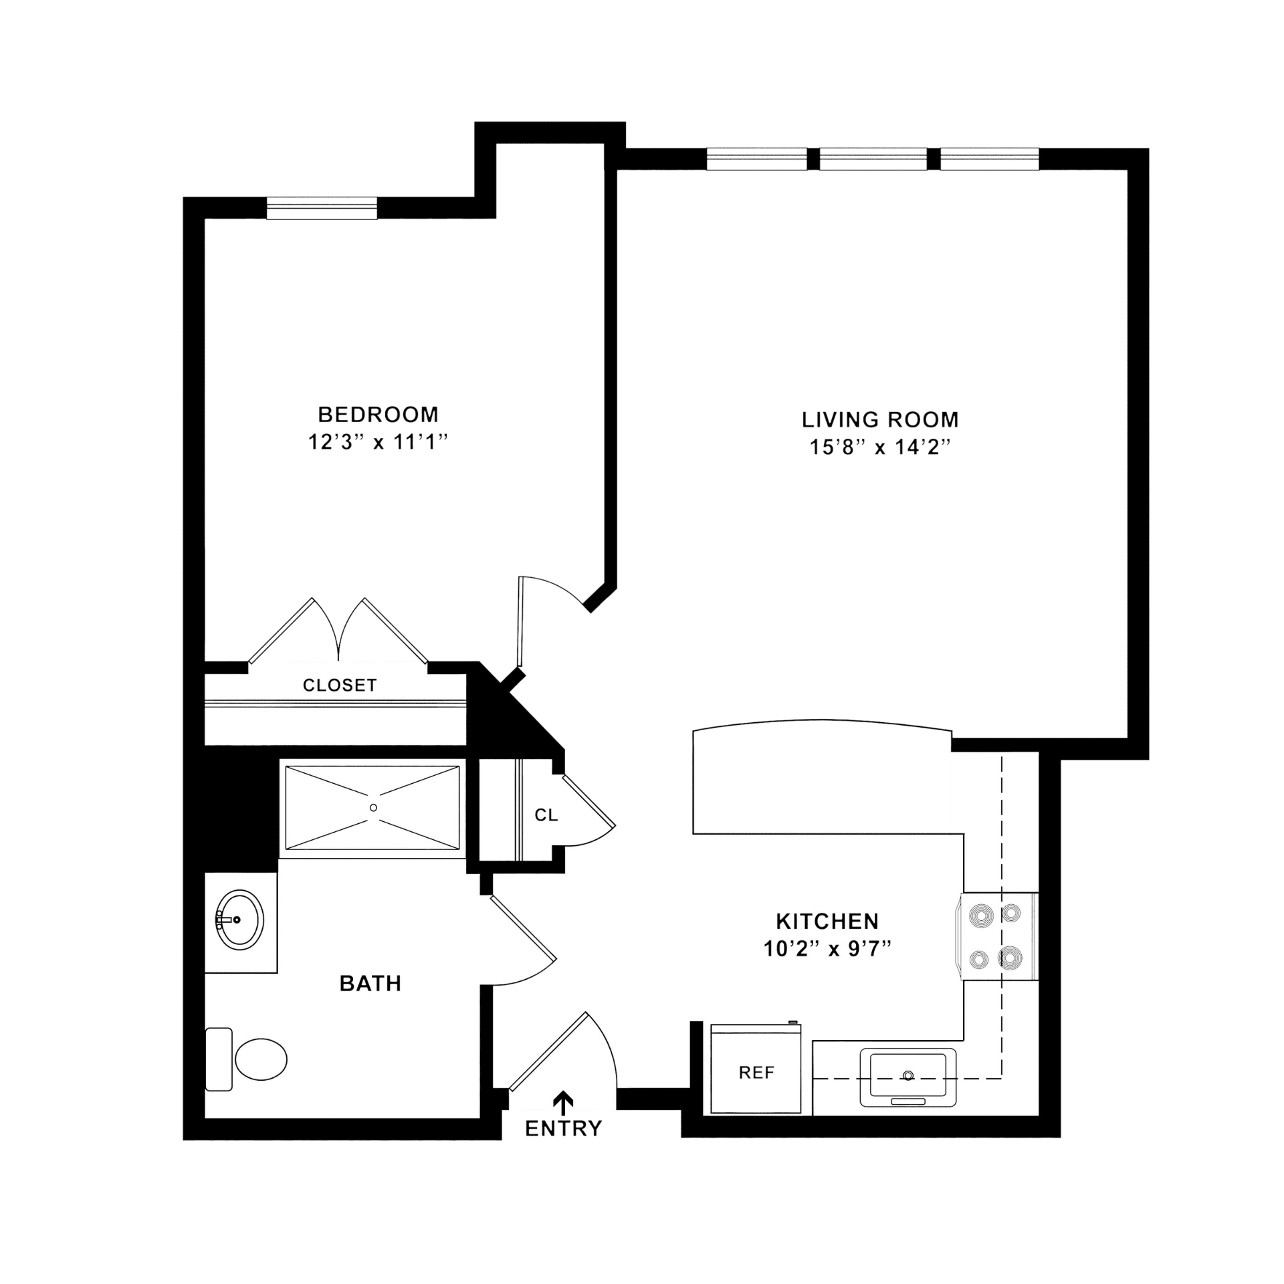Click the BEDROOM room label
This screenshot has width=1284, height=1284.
(378, 415)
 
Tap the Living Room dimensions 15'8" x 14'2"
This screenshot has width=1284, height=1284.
(880, 447)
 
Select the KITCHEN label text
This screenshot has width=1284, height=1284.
(827, 922)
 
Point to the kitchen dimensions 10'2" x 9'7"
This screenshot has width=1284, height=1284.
(827, 949)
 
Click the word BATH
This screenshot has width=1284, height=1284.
(370, 983)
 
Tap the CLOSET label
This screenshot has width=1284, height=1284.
(340, 685)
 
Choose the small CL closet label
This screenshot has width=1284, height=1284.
(546, 815)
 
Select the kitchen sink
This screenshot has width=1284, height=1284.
(907, 1077)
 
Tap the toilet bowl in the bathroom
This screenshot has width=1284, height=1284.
(261, 1059)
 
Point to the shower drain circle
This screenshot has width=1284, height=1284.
(373, 808)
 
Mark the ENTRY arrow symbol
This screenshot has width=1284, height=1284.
(564, 1101)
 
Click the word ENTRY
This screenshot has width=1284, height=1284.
(563, 1129)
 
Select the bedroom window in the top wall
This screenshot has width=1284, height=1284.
(322, 208)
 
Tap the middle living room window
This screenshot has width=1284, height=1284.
(873, 159)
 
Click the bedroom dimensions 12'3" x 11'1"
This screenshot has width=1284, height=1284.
(377, 442)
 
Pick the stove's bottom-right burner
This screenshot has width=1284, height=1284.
(1010, 959)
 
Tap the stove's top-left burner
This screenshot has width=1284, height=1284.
(980, 916)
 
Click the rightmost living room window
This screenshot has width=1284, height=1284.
(990, 159)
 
